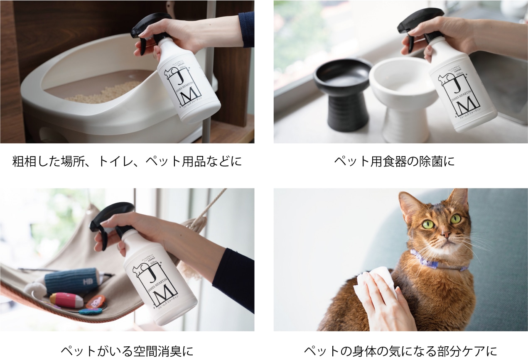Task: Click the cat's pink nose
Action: [446, 235]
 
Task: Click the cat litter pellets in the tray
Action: [104, 93]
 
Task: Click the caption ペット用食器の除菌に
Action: [394, 161]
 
